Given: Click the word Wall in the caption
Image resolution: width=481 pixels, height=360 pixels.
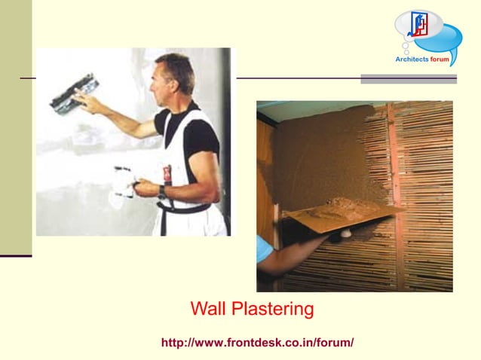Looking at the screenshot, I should [x=207, y=309].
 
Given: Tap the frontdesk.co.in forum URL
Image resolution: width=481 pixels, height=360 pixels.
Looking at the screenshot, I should [x=257, y=343].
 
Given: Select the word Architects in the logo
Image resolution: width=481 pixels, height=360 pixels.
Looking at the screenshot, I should [x=412, y=59].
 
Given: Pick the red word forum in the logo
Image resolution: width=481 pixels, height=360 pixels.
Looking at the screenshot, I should [x=440, y=59].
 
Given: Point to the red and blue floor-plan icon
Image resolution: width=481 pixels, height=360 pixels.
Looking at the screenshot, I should [x=418, y=25].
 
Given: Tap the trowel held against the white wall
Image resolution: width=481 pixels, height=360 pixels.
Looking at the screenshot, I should [x=72, y=92].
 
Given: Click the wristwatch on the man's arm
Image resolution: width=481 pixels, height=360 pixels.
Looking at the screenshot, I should [x=161, y=192].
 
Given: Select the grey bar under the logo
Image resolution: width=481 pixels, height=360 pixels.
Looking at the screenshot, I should [x=409, y=78].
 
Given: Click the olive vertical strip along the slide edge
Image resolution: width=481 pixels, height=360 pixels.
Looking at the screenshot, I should [x=16, y=128].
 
